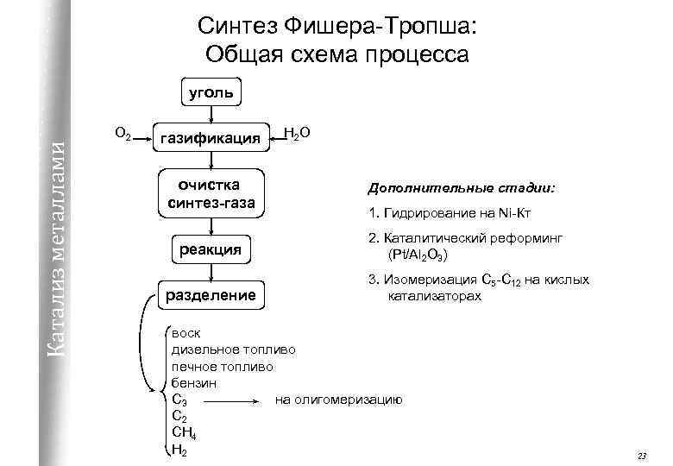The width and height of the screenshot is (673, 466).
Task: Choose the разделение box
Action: click(210, 295)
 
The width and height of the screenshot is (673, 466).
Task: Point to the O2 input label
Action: click(123, 134)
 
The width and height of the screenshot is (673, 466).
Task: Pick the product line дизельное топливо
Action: click(233, 349)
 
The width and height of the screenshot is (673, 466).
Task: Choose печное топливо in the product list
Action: click(223, 366)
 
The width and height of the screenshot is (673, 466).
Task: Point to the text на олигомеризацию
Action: click(338, 399)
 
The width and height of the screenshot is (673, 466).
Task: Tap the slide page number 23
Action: click(640, 455)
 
